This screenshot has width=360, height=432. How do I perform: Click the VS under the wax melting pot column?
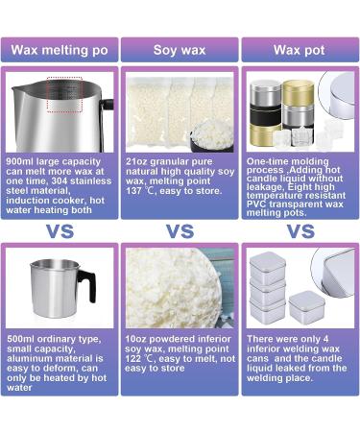tap(60, 230)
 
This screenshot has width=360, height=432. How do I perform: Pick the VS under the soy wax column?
tap(180, 230)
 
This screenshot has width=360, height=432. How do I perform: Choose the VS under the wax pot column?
tap(300, 230)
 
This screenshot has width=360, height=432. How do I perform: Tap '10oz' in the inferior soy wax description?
tap(138, 339)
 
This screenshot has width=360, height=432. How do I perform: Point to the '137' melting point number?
tap(138, 189)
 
